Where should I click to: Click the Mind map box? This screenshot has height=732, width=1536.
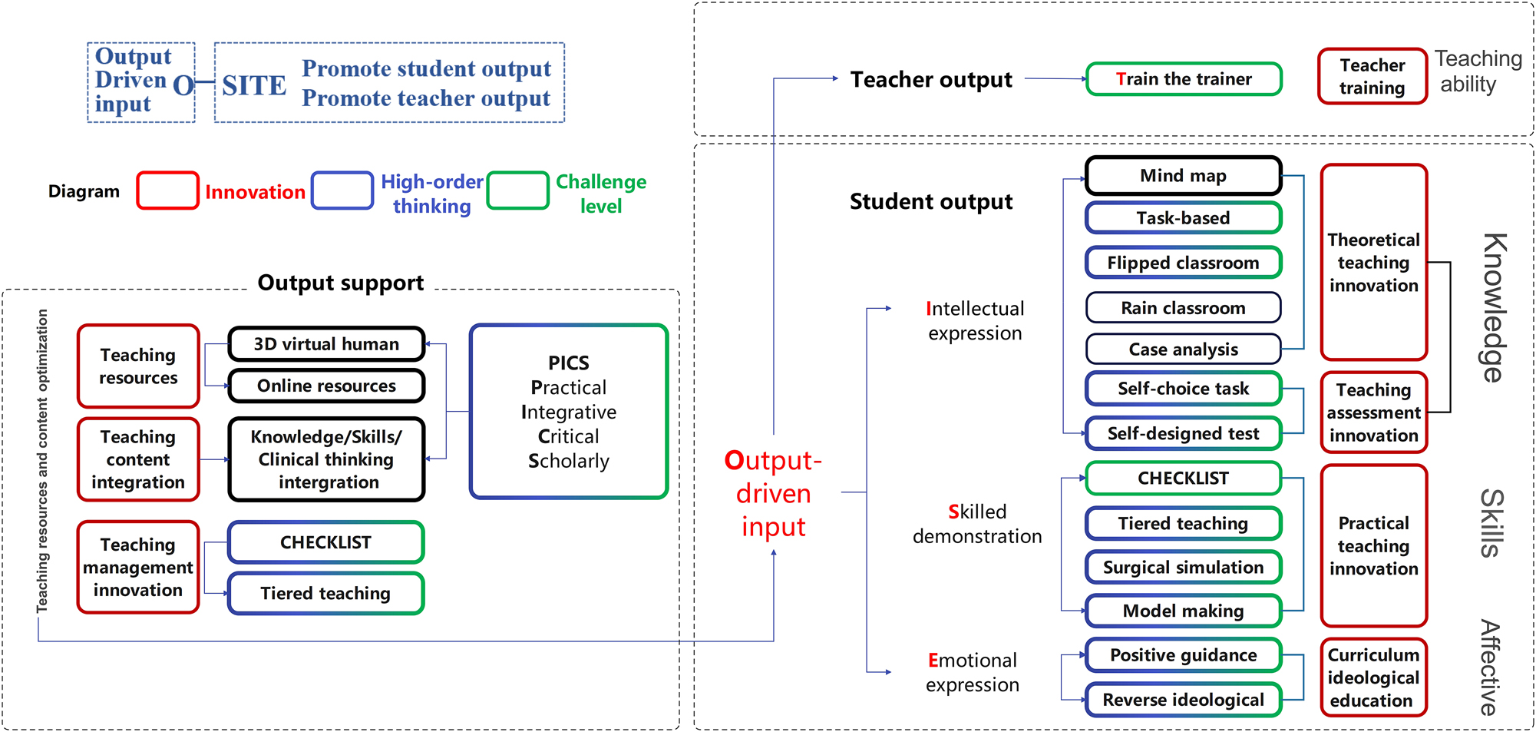pos(1183,176)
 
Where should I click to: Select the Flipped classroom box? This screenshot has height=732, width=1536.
pos(1183,263)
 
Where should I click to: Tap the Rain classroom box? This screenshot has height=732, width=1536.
pos(1183,308)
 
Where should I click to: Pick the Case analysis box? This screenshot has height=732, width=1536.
pos(1183,349)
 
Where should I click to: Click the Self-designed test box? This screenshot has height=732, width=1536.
pos(1183,433)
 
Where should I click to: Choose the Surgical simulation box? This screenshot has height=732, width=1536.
pos(1183,568)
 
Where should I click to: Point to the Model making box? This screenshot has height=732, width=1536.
pos(1183,611)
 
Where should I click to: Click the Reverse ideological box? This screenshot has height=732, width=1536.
pos(1183,700)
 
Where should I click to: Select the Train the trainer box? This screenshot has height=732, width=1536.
pos(1184,79)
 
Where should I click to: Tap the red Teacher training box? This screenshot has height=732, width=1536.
pos(1372,77)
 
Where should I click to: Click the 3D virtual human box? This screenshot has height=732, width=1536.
pos(326,344)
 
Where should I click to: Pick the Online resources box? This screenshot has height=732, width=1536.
pos(326,386)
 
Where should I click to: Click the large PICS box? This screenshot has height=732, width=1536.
pos(569,412)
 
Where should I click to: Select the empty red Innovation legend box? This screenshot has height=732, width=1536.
pos(167,190)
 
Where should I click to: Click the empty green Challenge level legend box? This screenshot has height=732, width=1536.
pos(518,190)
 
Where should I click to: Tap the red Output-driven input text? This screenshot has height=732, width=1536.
pos(773,493)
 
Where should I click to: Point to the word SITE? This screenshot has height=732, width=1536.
pos(254,85)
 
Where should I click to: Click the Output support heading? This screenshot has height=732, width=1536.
pos(340,283)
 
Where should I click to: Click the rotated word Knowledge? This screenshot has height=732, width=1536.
pos(1494,307)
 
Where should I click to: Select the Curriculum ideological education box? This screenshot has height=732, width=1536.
pos(1372,677)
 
